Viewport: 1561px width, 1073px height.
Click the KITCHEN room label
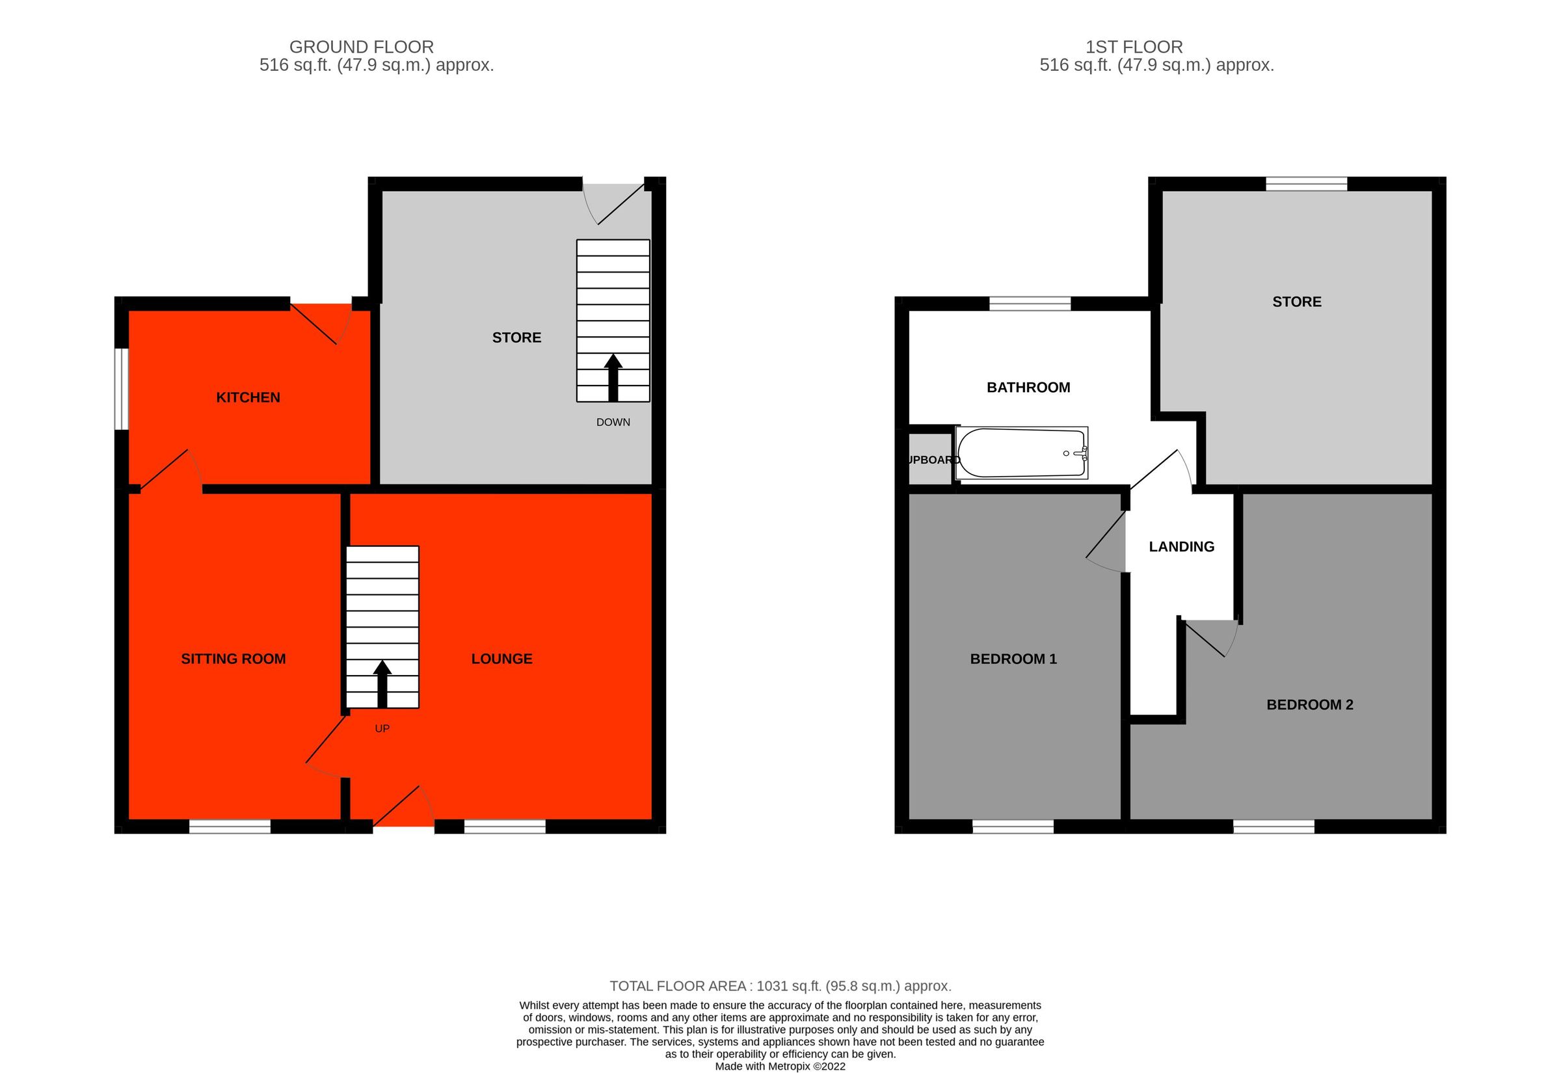[247, 397]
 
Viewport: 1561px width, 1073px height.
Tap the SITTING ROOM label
[233, 659]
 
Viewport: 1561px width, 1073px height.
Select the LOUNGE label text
[501, 659]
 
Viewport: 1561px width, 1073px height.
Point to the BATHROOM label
[1028, 387]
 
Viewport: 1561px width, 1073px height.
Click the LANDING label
[1181, 547]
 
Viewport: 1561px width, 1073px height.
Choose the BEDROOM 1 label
[1013, 659]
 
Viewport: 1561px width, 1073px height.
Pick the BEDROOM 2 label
[1309, 704]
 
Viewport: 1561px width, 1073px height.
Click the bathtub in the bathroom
[1021, 453]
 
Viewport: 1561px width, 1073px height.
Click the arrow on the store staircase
[613, 377]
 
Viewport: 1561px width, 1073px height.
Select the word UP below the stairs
[382, 728]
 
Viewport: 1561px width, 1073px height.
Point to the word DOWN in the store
[613, 422]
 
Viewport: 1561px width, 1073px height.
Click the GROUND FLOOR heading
[361, 47]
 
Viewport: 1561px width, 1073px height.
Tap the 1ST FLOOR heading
[1134, 47]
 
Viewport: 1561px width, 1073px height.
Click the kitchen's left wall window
[122, 388]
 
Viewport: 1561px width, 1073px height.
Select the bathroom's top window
[1029, 303]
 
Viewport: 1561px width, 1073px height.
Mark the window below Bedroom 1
[1013, 827]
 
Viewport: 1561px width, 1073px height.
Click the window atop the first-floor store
[1306, 183]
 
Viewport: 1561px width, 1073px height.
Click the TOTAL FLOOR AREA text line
[780, 986]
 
